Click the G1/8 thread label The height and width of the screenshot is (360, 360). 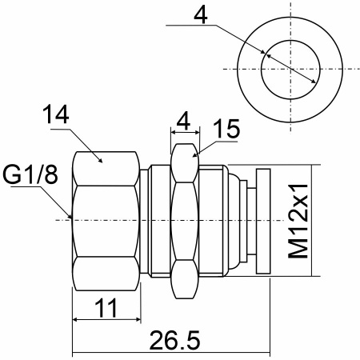coord(30,175)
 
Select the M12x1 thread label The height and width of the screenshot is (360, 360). coord(298,221)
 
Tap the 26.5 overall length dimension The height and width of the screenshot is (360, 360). coord(174,340)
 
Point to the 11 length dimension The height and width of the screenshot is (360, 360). coord(106,308)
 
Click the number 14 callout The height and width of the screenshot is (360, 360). coord(56,114)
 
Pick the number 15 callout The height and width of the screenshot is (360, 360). coord(226,129)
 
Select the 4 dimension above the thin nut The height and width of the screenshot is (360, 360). coord(184,121)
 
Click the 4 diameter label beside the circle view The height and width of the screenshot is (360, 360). coord(201,15)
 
